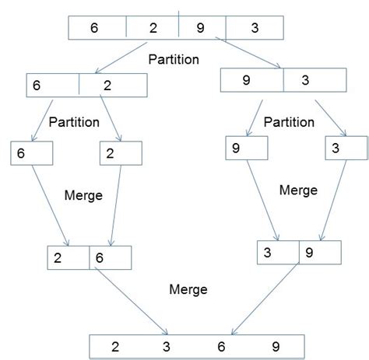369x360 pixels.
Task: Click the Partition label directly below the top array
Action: pos(173,58)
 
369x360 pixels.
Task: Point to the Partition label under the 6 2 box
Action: pos(73,122)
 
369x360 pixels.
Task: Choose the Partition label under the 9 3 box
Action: pos(289,122)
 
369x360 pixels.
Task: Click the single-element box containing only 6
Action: pos(30,153)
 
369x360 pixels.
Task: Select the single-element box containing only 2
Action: pos(121,154)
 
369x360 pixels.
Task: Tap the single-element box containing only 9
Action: pos(244,147)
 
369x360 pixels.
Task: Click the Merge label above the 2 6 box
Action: pos(83,196)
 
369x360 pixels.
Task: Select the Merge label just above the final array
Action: pos(188,289)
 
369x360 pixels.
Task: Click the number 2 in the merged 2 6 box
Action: pos(58,257)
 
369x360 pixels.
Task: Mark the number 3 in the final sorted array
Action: pos(165,346)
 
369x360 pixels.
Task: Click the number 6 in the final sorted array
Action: pos(220,346)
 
